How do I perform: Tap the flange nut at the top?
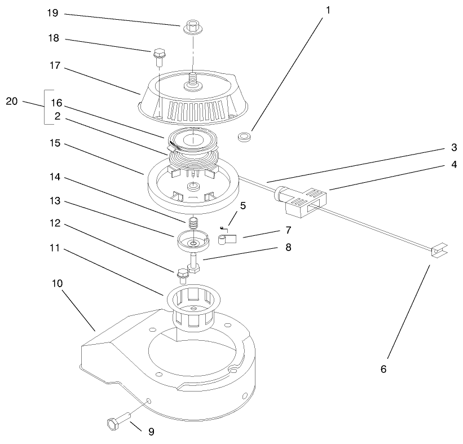point(193,27)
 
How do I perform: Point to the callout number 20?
point(12,102)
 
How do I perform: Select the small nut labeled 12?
point(183,276)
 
